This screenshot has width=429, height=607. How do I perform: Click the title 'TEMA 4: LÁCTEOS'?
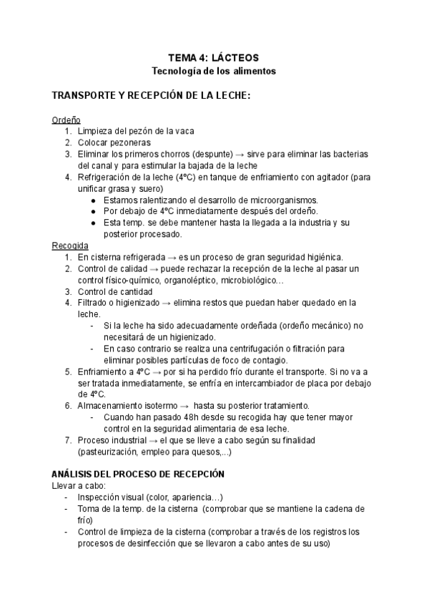(x=213, y=57)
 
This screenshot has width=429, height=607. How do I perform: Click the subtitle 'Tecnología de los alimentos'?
(x=213, y=72)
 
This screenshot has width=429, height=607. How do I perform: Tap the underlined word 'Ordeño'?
(x=66, y=120)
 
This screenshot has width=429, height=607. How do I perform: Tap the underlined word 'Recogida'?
(x=70, y=246)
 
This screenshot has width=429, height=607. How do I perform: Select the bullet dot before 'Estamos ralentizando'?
(x=94, y=200)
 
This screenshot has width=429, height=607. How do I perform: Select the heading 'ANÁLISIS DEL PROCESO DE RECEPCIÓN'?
(x=139, y=475)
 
